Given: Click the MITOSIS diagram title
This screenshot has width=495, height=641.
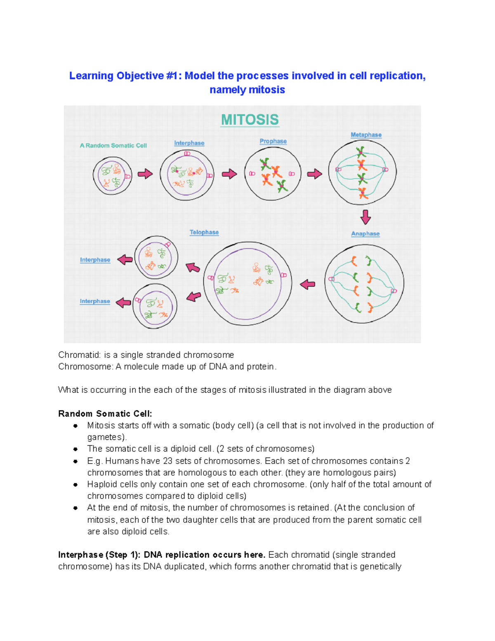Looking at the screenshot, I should (x=250, y=120).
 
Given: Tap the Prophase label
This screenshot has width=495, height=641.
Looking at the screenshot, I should (x=273, y=141).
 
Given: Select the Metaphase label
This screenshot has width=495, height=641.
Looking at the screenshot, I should (x=366, y=135).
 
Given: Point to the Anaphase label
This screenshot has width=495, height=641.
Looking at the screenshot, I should (x=365, y=234).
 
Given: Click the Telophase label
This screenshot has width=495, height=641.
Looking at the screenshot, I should (x=204, y=232).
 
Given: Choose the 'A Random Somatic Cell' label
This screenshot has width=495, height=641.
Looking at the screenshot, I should (x=113, y=145).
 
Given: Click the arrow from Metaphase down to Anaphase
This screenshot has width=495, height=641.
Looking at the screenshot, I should (x=365, y=217).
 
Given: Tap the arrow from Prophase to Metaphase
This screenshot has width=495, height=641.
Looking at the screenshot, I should (x=315, y=174).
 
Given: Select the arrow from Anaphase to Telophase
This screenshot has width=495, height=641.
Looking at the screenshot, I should (x=307, y=284).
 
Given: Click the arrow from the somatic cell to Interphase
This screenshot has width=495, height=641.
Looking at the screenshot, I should (x=145, y=174).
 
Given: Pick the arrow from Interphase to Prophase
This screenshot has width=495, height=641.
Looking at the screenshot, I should (x=229, y=174).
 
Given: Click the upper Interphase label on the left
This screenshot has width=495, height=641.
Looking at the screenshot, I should (x=95, y=260).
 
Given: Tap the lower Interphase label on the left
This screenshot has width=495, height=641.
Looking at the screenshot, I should (x=95, y=301).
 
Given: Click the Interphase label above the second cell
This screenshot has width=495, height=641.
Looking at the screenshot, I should (x=189, y=143).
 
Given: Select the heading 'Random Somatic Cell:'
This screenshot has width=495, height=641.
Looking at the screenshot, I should (x=105, y=414).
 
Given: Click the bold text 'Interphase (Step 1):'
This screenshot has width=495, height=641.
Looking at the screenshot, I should (x=99, y=555).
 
